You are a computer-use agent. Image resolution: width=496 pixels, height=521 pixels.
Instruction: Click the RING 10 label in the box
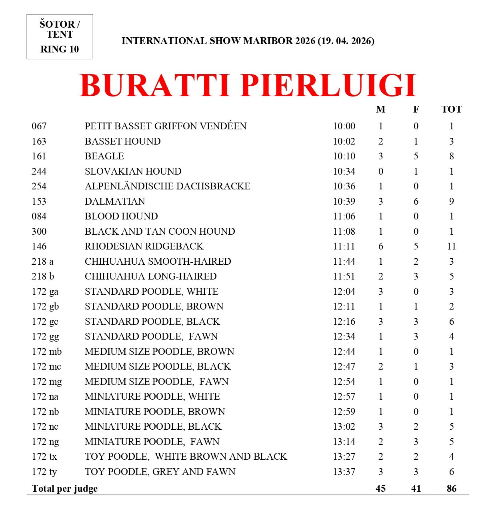pyautogui.click(x=60, y=49)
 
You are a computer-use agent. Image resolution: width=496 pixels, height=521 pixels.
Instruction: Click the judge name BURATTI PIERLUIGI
pyautogui.click(x=248, y=85)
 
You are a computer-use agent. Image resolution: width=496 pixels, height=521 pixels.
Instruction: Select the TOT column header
pyautogui.click(x=451, y=109)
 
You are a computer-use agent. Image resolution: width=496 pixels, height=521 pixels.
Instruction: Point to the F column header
pyautogui.click(x=416, y=109)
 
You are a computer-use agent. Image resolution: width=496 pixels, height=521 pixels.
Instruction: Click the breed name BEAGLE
pyautogui.click(x=104, y=156)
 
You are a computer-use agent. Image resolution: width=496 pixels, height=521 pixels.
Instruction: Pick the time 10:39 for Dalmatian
pyautogui.click(x=344, y=201)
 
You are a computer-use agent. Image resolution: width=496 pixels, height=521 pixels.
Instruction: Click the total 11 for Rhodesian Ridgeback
pyautogui.click(x=451, y=246)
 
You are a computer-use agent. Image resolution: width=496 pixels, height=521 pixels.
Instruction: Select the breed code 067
pyautogui.click(x=39, y=126)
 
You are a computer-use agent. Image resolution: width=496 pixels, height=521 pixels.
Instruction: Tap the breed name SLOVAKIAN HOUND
pyautogui.click(x=133, y=171)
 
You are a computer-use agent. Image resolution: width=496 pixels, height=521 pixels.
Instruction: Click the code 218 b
pyautogui.click(x=43, y=276)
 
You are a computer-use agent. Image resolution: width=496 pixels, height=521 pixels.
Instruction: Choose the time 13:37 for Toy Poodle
pyautogui.click(x=344, y=472)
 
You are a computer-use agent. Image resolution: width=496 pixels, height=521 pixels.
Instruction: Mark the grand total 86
pyautogui.click(x=451, y=489)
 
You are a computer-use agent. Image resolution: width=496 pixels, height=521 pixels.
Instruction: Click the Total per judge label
pyautogui.click(x=64, y=489)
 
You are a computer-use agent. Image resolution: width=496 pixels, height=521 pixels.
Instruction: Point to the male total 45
pyautogui.click(x=380, y=489)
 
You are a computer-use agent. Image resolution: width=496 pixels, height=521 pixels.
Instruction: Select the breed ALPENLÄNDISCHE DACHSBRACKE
pyautogui.click(x=167, y=186)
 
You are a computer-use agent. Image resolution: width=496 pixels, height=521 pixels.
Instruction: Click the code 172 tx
pyautogui.click(x=44, y=457)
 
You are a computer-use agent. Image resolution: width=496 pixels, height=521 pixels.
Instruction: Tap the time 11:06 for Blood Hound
pyautogui.click(x=344, y=216)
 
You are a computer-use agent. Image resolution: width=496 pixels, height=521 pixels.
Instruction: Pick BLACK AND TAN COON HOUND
pyautogui.click(x=160, y=231)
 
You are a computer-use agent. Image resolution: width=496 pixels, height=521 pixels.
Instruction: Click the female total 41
pyautogui.click(x=416, y=489)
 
